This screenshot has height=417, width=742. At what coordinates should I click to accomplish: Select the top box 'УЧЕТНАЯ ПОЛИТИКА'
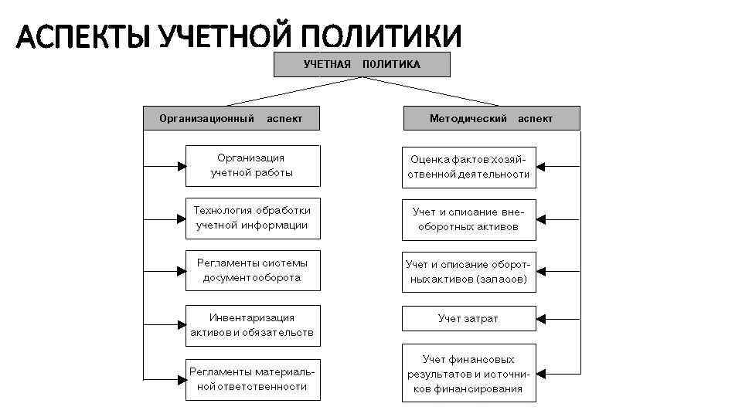(x=362, y=64)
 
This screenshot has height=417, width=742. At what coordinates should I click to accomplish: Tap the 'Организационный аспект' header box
(x=230, y=118)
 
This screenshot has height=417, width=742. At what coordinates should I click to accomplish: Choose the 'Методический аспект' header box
(x=491, y=118)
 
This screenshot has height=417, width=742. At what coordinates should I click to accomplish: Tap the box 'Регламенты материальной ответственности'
(x=252, y=379)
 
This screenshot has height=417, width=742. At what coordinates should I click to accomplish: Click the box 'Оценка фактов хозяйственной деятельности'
(x=468, y=167)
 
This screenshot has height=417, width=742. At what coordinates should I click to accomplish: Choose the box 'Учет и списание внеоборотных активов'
(x=468, y=219)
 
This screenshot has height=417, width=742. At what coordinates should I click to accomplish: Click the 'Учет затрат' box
(x=468, y=318)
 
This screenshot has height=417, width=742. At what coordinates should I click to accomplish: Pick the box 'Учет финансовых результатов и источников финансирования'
(x=468, y=374)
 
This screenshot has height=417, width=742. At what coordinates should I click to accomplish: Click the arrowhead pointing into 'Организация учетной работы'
(x=179, y=165)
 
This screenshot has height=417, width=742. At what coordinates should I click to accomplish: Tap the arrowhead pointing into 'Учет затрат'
(x=542, y=318)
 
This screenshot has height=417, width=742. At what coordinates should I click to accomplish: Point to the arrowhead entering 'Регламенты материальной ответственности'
(x=179, y=379)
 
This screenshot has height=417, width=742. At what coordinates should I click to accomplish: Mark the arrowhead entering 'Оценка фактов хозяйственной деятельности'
(x=542, y=167)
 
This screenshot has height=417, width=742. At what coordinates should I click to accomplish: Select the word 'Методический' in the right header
(x=468, y=118)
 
